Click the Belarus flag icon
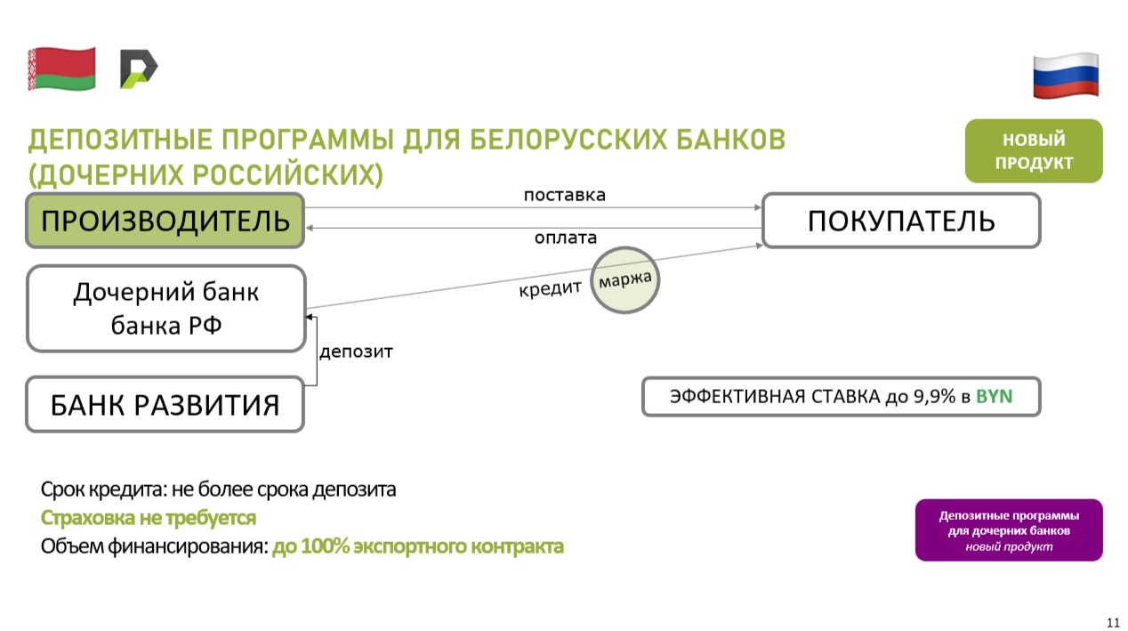(x=62, y=69)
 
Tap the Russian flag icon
(x=1066, y=76)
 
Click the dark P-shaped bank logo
(x=139, y=69)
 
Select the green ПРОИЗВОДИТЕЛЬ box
(x=165, y=220)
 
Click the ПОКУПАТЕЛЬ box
(x=901, y=220)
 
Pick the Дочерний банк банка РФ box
(x=166, y=309)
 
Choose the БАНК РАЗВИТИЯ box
(x=165, y=404)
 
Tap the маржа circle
(x=624, y=280)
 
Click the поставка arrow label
(x=565, y=195)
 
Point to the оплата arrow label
(x=566, y=238)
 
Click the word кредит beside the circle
(x=550, y=289)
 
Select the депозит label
(x=356, y=352)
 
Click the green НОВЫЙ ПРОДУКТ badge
(x=1034, y=150)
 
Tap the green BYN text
(x=994, y=397)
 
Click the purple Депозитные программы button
(x=1009, y=530)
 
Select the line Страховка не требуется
(x=149, y=518)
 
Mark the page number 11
(x=1113, y=622)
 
